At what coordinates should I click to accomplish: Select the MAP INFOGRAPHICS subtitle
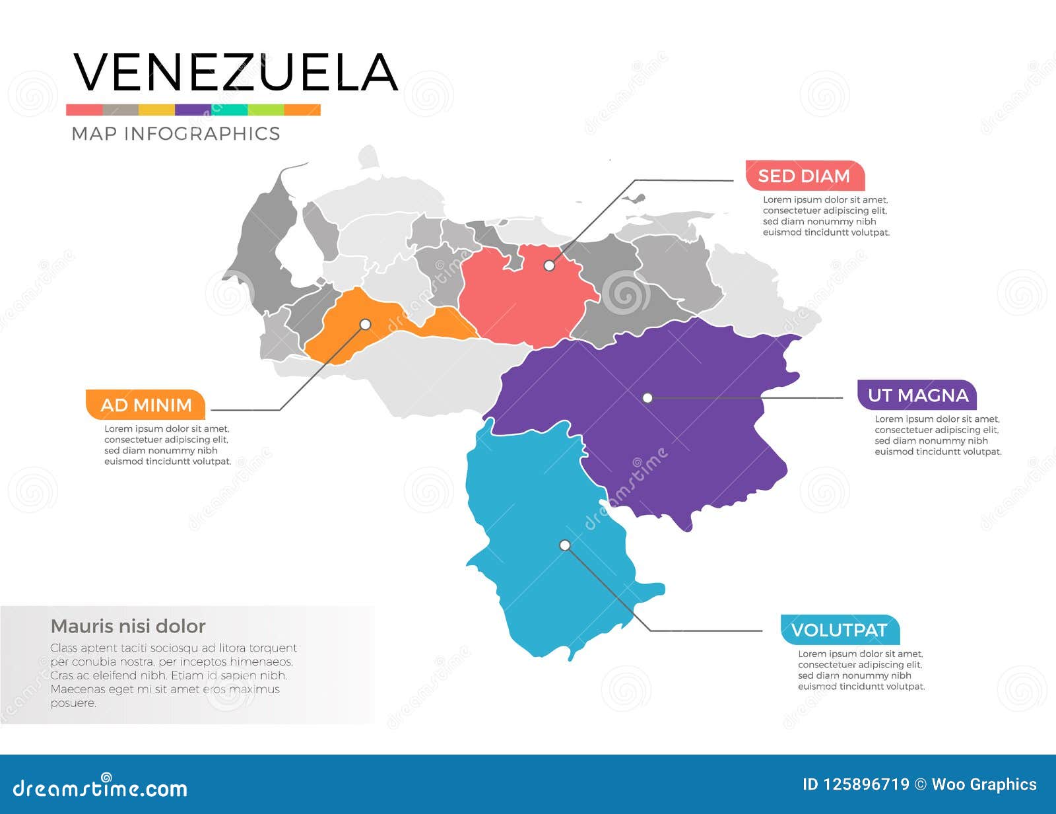coord(176,133)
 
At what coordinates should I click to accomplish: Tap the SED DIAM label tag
coord(805,176)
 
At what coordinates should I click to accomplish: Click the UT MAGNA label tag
coord(917,395)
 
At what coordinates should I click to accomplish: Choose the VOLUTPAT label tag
coord(840,630)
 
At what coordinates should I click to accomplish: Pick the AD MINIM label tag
coord(146,405)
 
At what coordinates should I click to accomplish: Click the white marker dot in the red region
coord(549,265)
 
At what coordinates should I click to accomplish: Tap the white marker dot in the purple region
coord(647,397)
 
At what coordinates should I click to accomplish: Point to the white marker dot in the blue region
coord(565,545)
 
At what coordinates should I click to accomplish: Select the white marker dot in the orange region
coord(365,324)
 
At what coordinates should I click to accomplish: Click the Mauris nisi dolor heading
coord(128,626)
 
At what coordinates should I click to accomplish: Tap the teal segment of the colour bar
coord(230,110)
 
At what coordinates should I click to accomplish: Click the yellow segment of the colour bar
coord(156,110)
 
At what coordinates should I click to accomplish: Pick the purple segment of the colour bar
coord(193,110)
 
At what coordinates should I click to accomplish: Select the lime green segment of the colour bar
coord(266,110)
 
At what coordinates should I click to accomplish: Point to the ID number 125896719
coord(867,784)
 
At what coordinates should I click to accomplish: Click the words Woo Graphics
coord(984,784)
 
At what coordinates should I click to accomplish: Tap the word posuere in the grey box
coord(73,703)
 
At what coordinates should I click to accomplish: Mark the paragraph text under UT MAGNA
coord(937,436)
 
